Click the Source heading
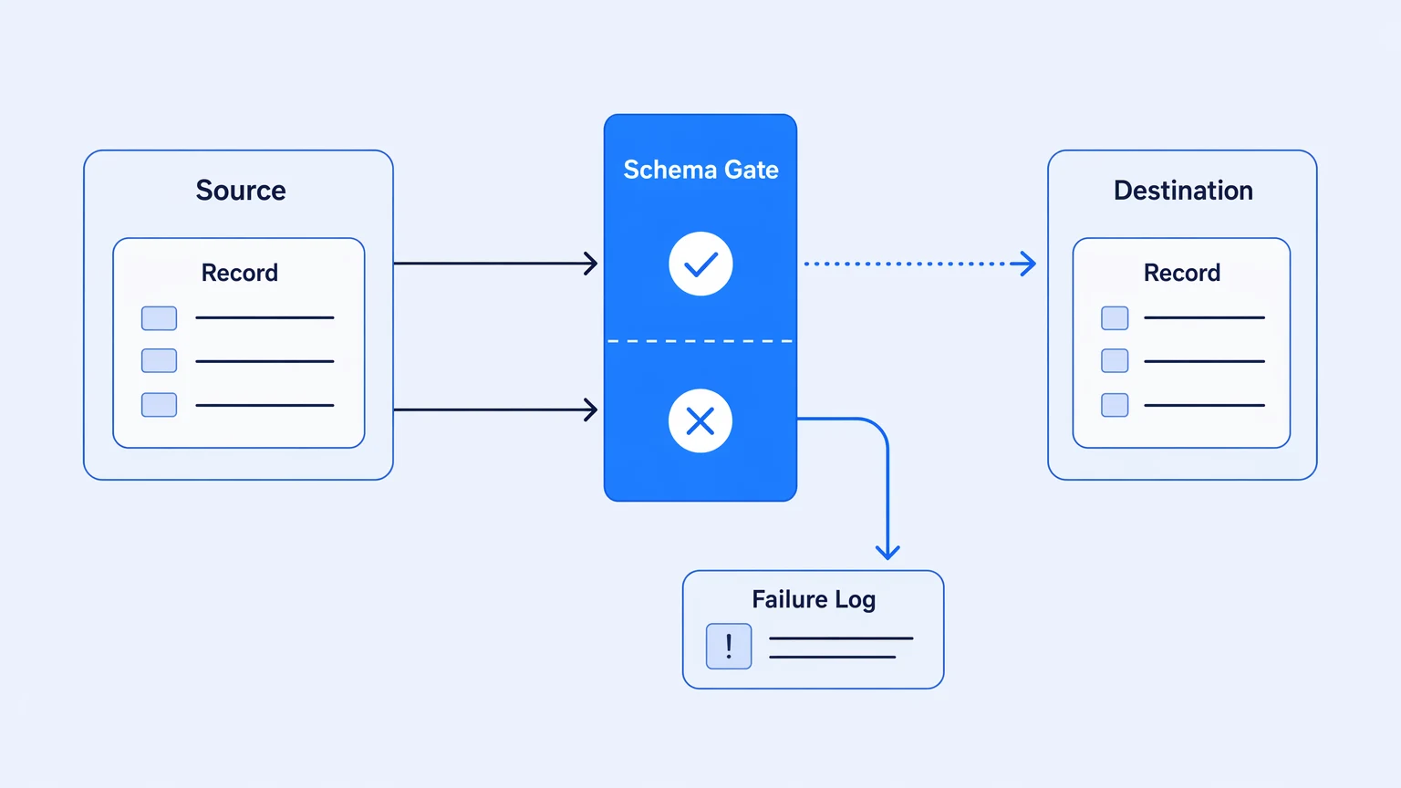241,190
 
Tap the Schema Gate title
700,170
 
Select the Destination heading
1183,190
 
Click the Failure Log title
813,599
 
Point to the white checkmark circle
700,264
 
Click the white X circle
700,420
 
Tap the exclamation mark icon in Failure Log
729,646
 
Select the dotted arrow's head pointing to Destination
1026,264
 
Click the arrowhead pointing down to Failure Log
887,552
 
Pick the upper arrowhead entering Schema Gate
591,264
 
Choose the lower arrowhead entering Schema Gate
591,410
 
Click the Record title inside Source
240,273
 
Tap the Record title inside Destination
1181,273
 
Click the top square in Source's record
159,317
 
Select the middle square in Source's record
159,361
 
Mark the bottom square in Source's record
159,405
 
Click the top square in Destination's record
1115,317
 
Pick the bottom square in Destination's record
1115,405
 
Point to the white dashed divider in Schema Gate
700,341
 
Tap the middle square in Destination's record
1115,361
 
